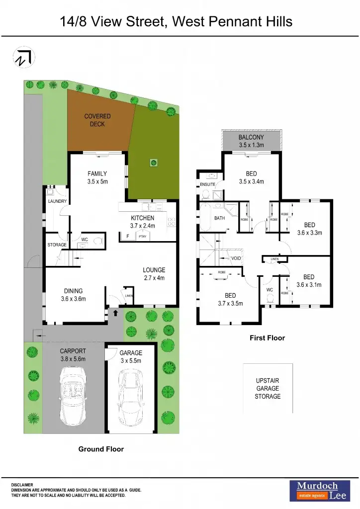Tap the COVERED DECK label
(x=97, y=120)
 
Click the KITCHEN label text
(x=143, y=218)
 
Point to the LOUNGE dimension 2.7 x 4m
(x=154, y=277)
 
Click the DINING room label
(x=73, y=291)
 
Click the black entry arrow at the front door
(x=116, y=313)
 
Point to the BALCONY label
(x=251, y=137)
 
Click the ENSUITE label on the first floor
(x=207, y=184)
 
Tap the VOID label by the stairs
(x=237, y=258)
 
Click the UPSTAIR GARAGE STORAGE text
(x=268, y=388)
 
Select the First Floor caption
(x=267, y=338)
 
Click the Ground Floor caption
(x=101, y=449)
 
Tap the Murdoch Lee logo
(x=317, y=490)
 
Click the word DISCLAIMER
(x=22, y=485)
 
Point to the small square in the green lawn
(x=154, y=162)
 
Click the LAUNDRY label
(x=57, y=201)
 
